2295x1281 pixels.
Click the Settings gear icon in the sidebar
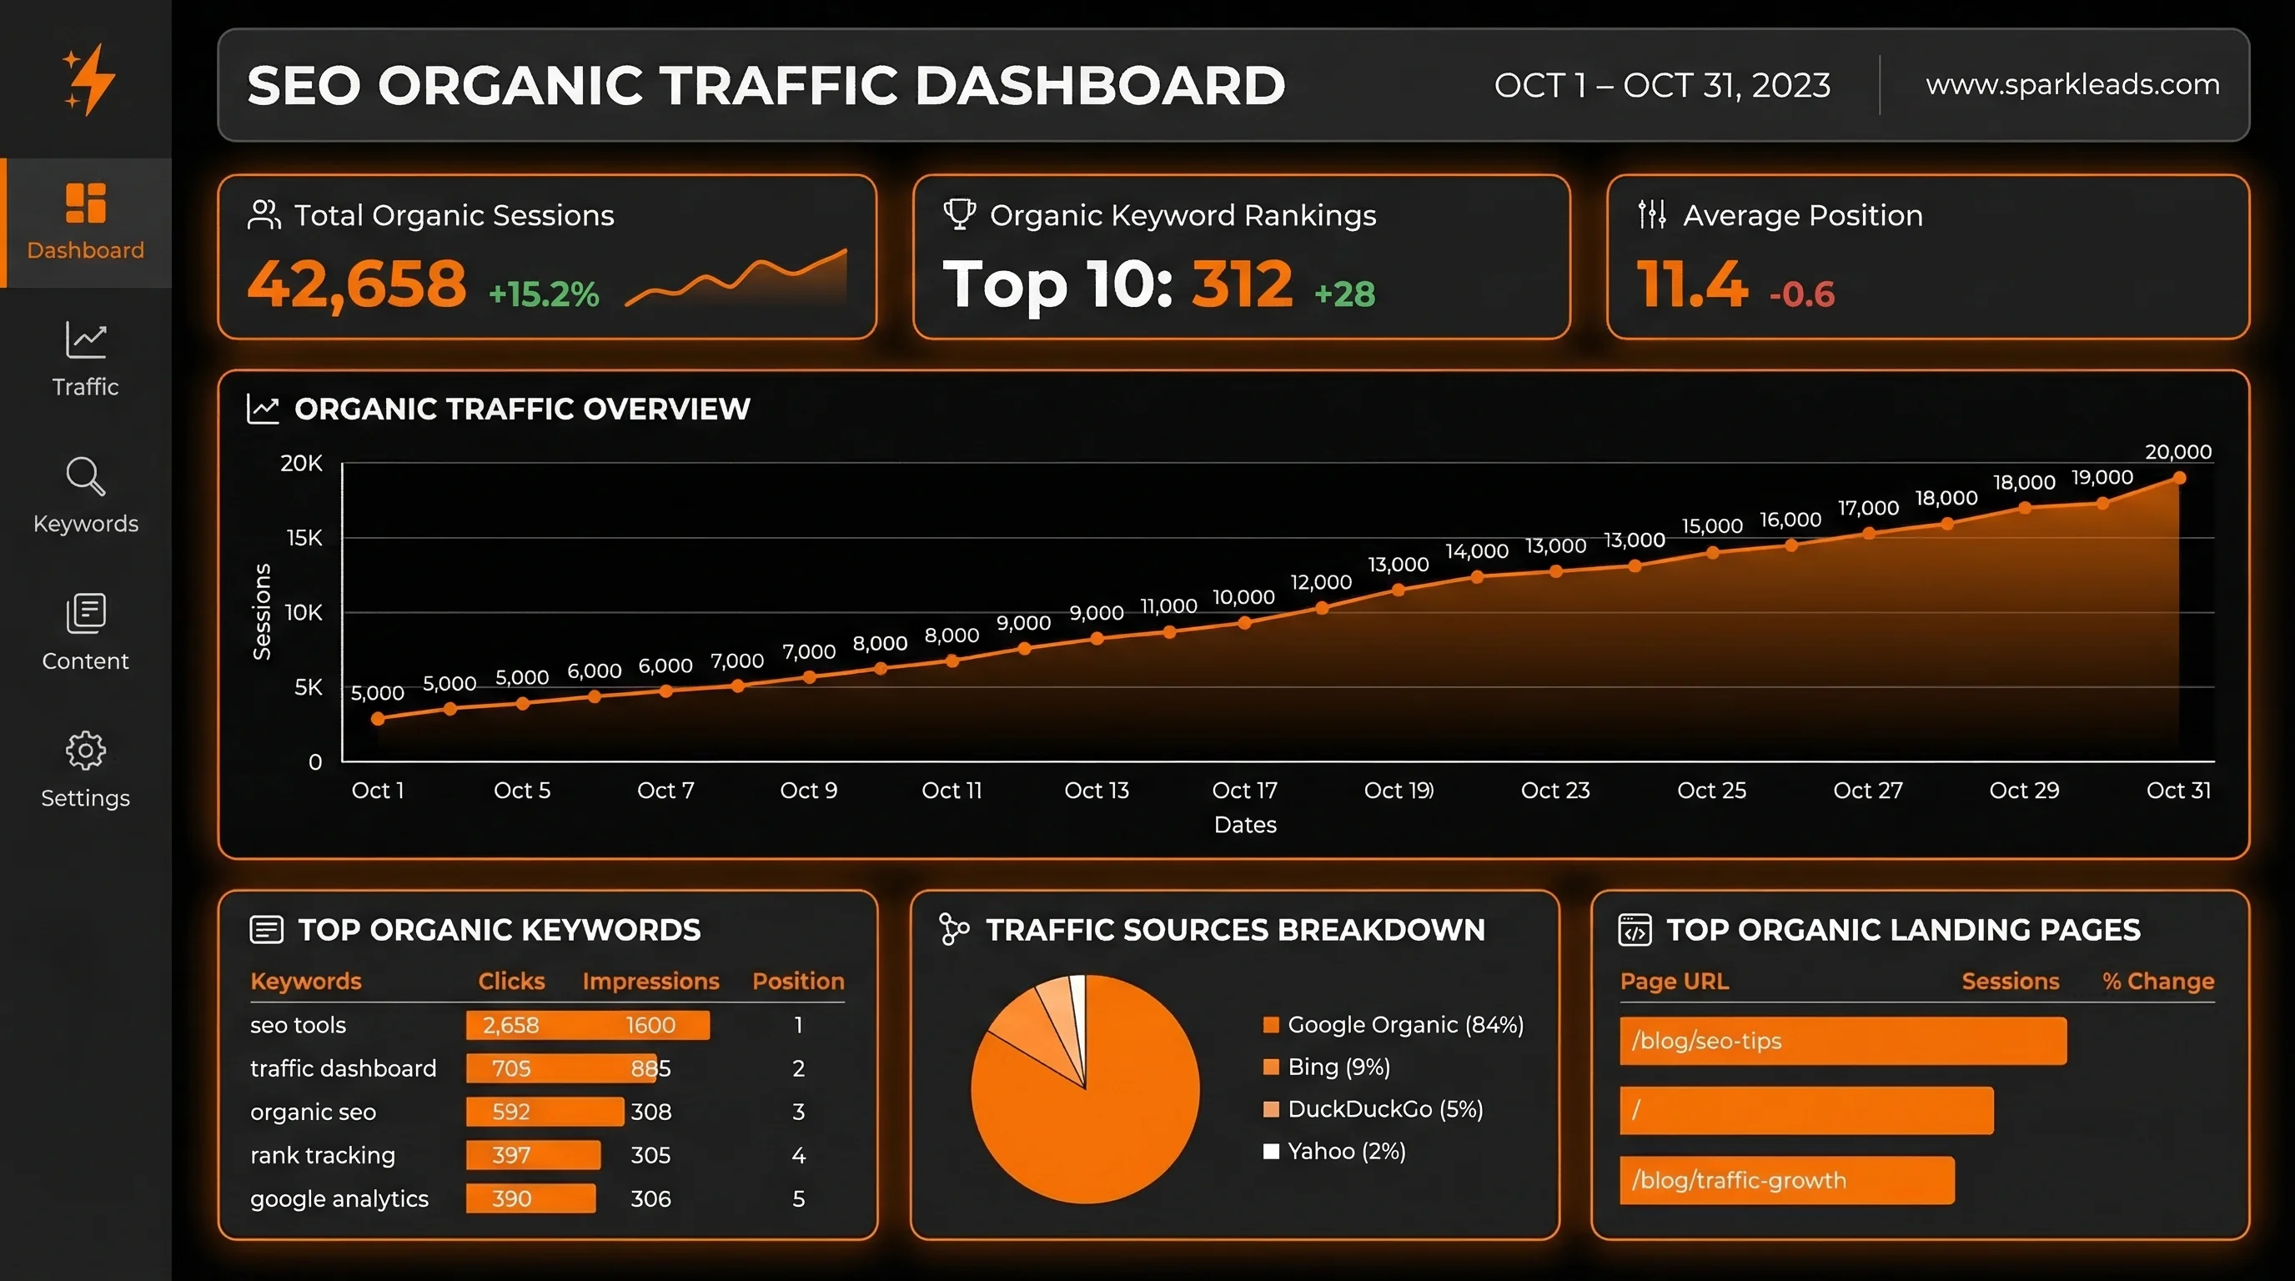coord(86,750)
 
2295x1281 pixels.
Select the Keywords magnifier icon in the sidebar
coord(86,476)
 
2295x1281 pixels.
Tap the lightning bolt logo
coord(89,80)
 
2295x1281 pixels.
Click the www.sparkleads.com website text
coord(2072,84)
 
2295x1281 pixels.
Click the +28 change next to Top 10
coord(1344,294)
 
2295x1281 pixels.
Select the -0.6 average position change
coord(1801,294)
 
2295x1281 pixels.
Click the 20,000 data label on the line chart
coord(2177,452)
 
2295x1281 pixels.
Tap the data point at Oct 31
coord(2179,479)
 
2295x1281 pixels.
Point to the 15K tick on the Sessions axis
coord(304,538)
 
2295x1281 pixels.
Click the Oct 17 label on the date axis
coord(1244,790)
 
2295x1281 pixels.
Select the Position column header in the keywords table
coord(797,981)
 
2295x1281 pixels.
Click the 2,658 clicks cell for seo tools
coord(510,1025)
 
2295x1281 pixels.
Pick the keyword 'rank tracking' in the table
coord(323,1155)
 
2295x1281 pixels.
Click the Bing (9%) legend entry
coord(1338,1067)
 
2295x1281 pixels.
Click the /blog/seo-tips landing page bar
coord(1842,1041)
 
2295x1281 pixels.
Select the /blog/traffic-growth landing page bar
coord(1786,1180)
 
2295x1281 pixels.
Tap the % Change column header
coord(2157,981)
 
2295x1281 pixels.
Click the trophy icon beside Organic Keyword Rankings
coord(960,214)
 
